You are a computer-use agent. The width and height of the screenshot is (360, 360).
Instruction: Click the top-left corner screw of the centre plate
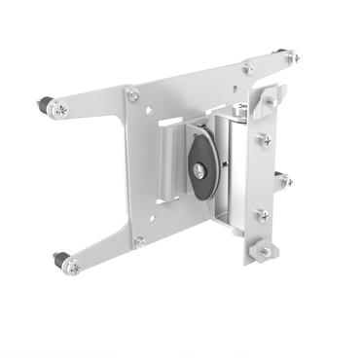[x=132, y=94]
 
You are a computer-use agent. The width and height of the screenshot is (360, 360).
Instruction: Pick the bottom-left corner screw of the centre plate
[x=140, y=241]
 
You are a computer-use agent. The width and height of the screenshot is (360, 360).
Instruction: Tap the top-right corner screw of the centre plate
[x=248, y=68]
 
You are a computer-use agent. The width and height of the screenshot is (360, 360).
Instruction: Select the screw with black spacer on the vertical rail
[x=281, y=180]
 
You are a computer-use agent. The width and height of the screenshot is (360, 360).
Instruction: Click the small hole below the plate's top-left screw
[x=132, y=117]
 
